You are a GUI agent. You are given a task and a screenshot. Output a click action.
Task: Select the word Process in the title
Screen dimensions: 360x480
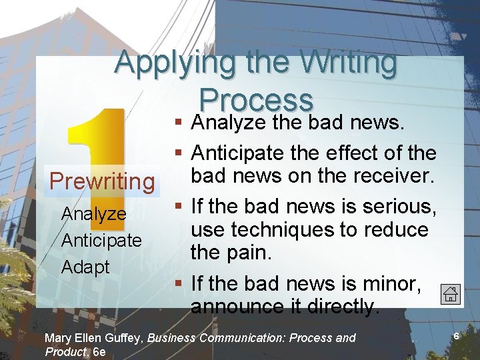tap(256, 100)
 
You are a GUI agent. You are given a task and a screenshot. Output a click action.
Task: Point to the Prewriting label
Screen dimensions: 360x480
tap(102, 181)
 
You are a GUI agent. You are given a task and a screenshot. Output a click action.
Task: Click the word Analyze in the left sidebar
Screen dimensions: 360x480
tap(94, 213)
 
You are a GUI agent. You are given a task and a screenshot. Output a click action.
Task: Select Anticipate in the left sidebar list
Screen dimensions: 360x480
tap(101, 240)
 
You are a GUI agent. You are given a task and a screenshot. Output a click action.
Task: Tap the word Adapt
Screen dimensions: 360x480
tap(85, 267)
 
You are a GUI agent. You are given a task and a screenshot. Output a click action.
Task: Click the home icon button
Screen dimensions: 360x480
tap(450, 294)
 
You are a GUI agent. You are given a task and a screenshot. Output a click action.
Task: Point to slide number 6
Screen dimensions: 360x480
tap(457, 337)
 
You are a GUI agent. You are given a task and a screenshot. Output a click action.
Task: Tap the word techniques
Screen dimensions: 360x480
tap(282, 230)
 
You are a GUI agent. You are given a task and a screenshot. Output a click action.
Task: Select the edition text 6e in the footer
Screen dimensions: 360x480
tap(99, 351)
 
